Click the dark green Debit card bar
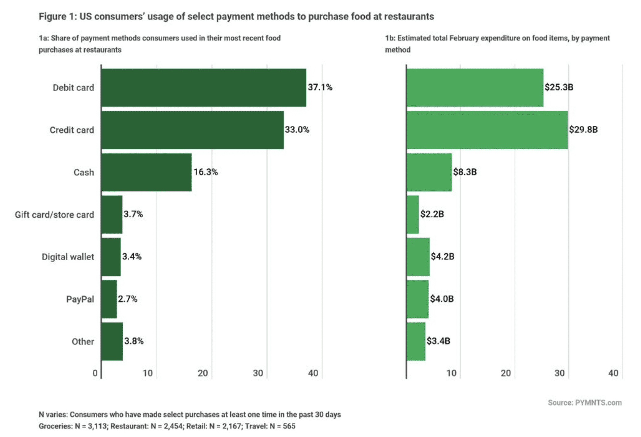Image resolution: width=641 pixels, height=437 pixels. tap(203, 88)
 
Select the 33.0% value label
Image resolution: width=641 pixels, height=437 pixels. tap(297, 129)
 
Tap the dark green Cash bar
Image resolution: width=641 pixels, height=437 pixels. tap(146, 172)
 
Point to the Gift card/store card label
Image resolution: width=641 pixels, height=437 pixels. tap(54, 214)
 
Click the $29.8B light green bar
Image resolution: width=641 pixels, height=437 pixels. tap(487, 130)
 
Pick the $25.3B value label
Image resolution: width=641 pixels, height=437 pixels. tap(558, 87)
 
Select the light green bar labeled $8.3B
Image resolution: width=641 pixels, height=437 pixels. tap(429, 172)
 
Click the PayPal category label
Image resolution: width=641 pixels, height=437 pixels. tap(80, 299)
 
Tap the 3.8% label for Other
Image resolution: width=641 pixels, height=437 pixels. tap(134, 341)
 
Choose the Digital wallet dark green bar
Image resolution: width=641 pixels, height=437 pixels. tap(111, 257)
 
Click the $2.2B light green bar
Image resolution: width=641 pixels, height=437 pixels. tap(413, 214)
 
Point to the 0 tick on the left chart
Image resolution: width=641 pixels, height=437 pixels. tap(95, 373)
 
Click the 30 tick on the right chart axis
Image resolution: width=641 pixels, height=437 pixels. tap(559, 373)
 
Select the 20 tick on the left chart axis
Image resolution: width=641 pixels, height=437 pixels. tap(203, 373)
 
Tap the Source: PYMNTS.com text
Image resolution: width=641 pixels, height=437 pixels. tap(584, 403)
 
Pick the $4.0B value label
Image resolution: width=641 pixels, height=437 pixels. tap(442, 299)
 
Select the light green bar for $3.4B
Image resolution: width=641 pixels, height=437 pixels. tap(416, 342)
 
